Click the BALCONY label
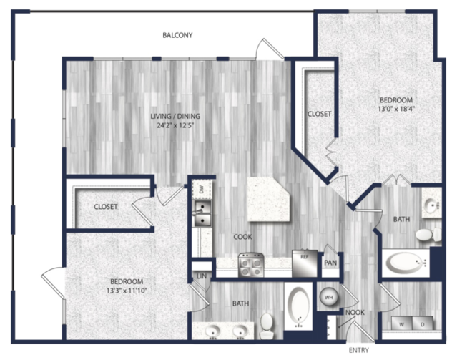177,35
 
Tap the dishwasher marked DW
202,190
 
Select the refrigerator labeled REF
305,263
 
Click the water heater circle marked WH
329,298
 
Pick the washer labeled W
402,323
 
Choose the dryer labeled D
423,323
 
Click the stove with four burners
251,265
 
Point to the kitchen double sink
202,213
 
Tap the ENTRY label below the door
359,350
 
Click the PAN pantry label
330,263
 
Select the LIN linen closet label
202,276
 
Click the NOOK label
355,313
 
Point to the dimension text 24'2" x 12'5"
175,126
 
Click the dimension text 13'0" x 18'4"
396,110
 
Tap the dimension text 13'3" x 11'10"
127,291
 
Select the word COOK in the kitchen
242,237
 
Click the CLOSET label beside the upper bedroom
320,114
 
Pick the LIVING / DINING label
175,116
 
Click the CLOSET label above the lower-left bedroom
106,207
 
